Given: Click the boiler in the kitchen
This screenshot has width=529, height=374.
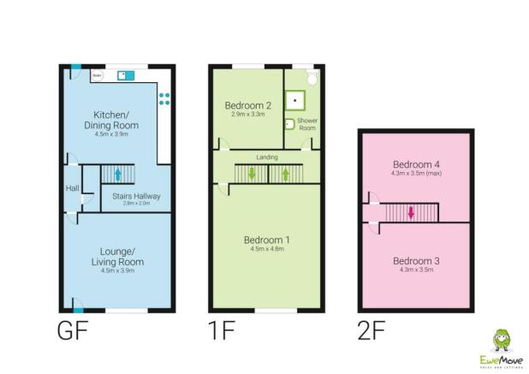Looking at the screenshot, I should click(x=97, y=74).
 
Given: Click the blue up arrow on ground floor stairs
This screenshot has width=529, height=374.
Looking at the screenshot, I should click(x=117, y=175).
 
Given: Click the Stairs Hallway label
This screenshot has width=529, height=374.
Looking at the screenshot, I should click(x=136, y=196).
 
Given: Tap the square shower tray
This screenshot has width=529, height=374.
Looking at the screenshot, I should click(x=296, y=98).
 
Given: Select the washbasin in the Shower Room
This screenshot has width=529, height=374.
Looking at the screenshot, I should click(x=290, y=123).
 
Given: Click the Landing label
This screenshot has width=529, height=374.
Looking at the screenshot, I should click(x=266, y=157).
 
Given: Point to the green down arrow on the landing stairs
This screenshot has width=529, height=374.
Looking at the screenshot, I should click(x=252, y=174).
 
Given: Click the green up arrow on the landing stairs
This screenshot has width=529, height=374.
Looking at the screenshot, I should click(x=286, y=174).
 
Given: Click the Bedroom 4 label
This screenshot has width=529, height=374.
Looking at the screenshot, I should click(x=413, y=164).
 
